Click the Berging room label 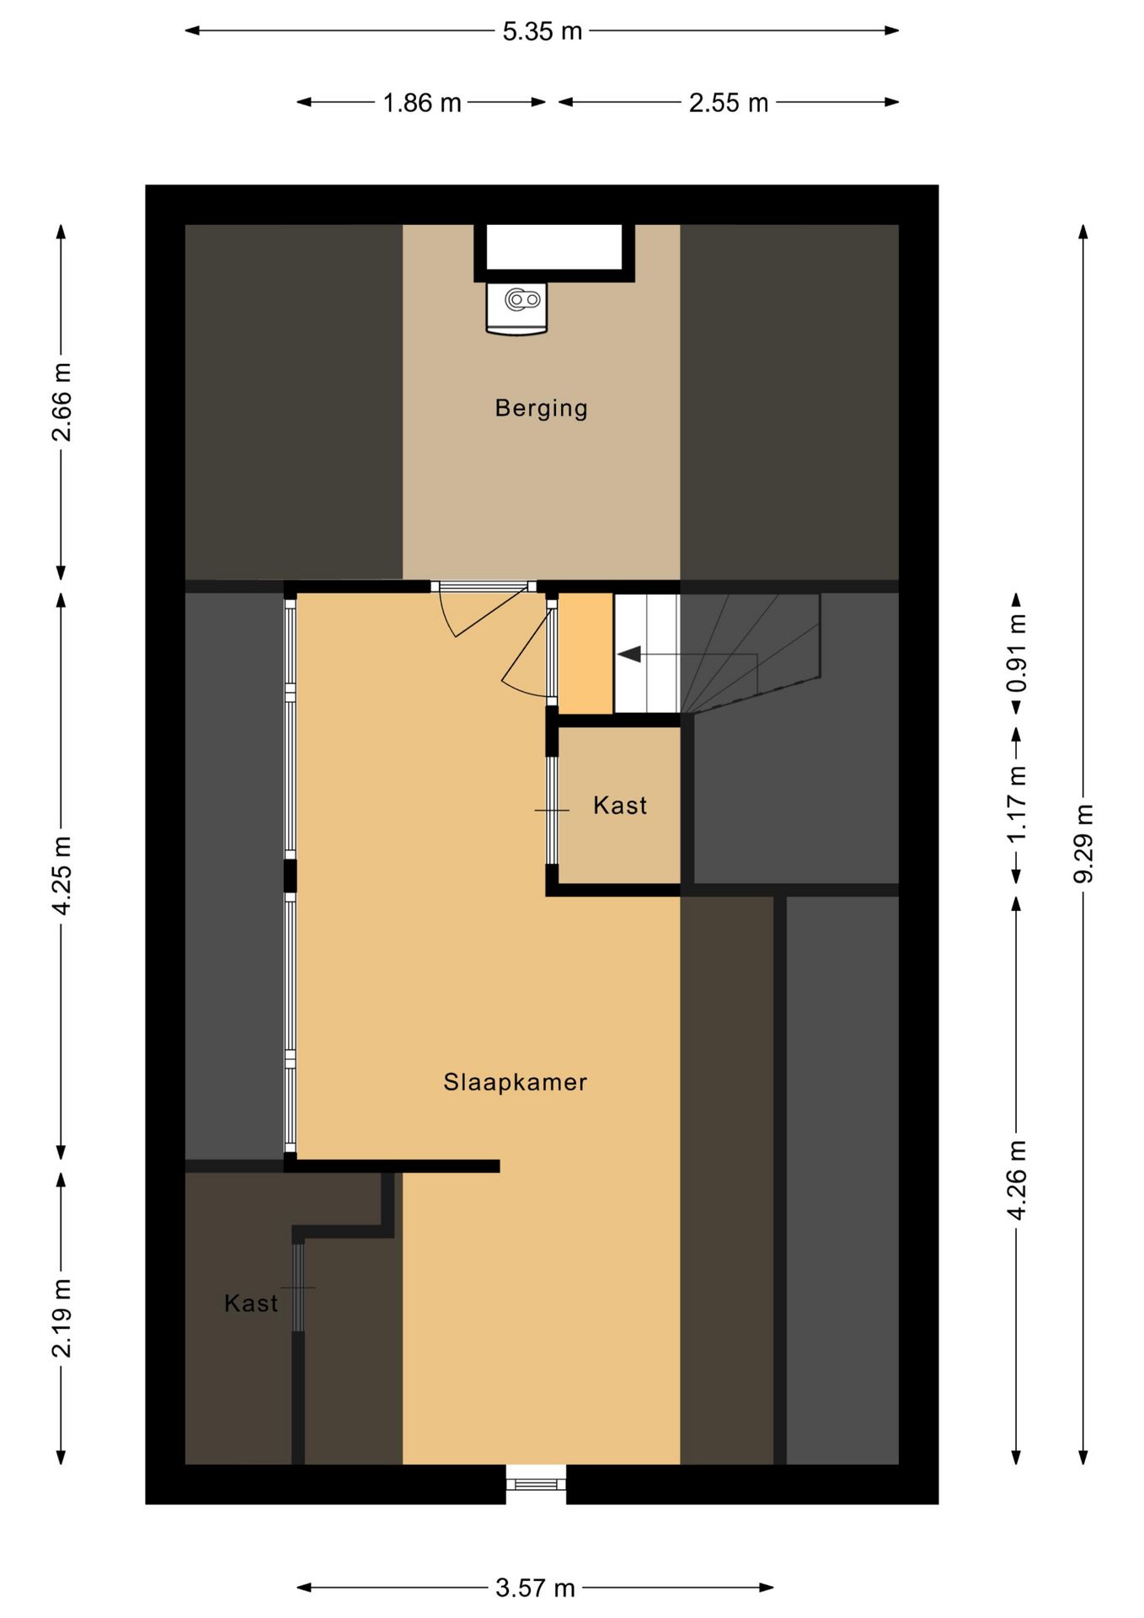pyautogui.click(x=541, y=409)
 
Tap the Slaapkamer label pyautogui.click(x=515, y=1082)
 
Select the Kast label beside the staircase pyautogui.click(x=620, y=806)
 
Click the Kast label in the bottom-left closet pyautogui.click(x=251, y=1304)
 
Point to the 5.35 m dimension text pyautogui.click(x=543, y=31)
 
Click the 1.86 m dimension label pyautogui.click(x=422, y=103)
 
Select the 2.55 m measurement pyautogui.click(x=729, y=103)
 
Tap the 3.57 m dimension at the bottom pyautogui.click(x=535, y=1589)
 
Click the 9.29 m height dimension pyautogui.click(x=1083, y=843)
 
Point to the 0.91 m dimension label pyautogui.click(x=1017, y=653)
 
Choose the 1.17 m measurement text pyautogui.click(x=1017, y=803)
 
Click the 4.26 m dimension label pyautogui.click(x=1017, y=1180)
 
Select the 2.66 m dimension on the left pyautogui.click(x=61, y=402)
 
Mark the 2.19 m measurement pyautogui.click(x=61, y=1318)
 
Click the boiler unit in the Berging pyautogui.click(x=516, y=308)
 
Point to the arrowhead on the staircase pyautogui.click(x=628, y=655)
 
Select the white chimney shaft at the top pyautogui.click(x=553, y=247)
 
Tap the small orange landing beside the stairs pyautogui.click(x=585, y=653)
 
